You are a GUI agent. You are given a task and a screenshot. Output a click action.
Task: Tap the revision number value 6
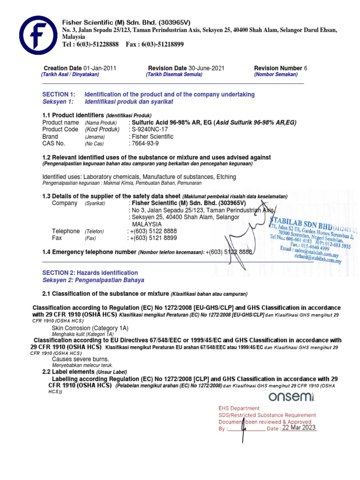[306, 68]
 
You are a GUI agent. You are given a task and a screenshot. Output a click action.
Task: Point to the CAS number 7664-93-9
[146, 143]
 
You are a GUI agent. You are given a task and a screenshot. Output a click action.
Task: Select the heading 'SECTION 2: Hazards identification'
[90, 272]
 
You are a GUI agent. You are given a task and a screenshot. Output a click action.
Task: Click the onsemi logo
[292, 397]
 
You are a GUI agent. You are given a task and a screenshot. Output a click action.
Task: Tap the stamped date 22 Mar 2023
[299, 427]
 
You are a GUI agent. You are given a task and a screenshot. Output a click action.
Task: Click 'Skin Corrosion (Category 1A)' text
[90, 328]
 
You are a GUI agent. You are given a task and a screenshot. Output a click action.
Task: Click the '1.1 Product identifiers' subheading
[73, 115]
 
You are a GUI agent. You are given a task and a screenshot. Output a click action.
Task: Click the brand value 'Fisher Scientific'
[152, 136]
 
